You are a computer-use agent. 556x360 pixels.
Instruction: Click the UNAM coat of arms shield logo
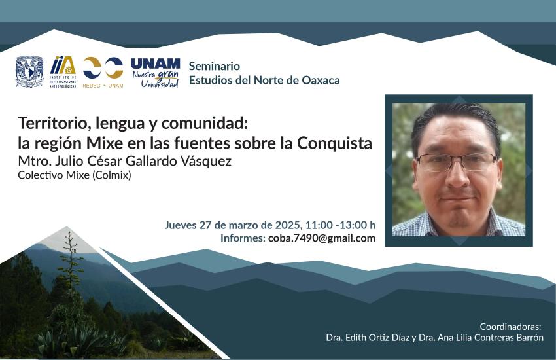click(x=29, y=71)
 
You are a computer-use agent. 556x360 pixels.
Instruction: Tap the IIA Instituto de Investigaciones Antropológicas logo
click(x=63, y=72)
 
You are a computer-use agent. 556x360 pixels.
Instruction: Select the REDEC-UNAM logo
click(x=103, y=73)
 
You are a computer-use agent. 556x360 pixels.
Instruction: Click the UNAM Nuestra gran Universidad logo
click(x=155, y=73)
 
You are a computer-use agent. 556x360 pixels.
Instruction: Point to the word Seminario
click(x=214, y=66)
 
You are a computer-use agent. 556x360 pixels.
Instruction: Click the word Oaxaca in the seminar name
click(x=321, y=80)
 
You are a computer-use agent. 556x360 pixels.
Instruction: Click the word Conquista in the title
click(x=335, y=143)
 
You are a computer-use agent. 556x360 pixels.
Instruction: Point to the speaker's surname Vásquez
click(x=205, y=161)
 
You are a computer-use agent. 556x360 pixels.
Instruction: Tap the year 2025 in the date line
click(x=288, y=225)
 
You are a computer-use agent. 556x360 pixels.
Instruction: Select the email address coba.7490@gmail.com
click(x=322, y=238)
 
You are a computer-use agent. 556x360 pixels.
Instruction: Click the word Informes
click(x=243, y=238)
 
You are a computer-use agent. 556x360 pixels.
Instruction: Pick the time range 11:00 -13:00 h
click(x=340, y=225)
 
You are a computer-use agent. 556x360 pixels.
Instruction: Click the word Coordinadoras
click(x=511, y=327)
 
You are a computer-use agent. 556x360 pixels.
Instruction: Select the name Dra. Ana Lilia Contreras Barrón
click(x=481, y=338)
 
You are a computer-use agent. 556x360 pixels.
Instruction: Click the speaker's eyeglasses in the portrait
click(x=457, y=162)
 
